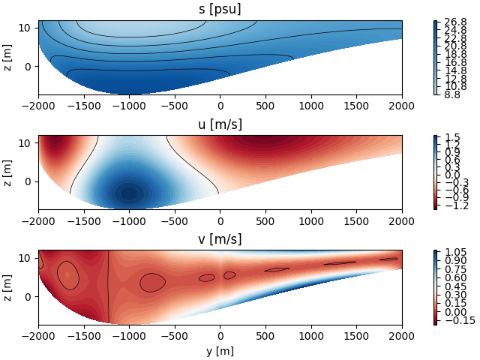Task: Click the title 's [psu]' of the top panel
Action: pos(220,10)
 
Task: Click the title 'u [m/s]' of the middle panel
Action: pos(220,124)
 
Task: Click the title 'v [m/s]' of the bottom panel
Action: pos(220,239)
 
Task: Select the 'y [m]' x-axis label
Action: pos(220,350)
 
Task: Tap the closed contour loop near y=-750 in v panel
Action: pos(152,283)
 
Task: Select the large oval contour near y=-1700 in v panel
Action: pos(67,275)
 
